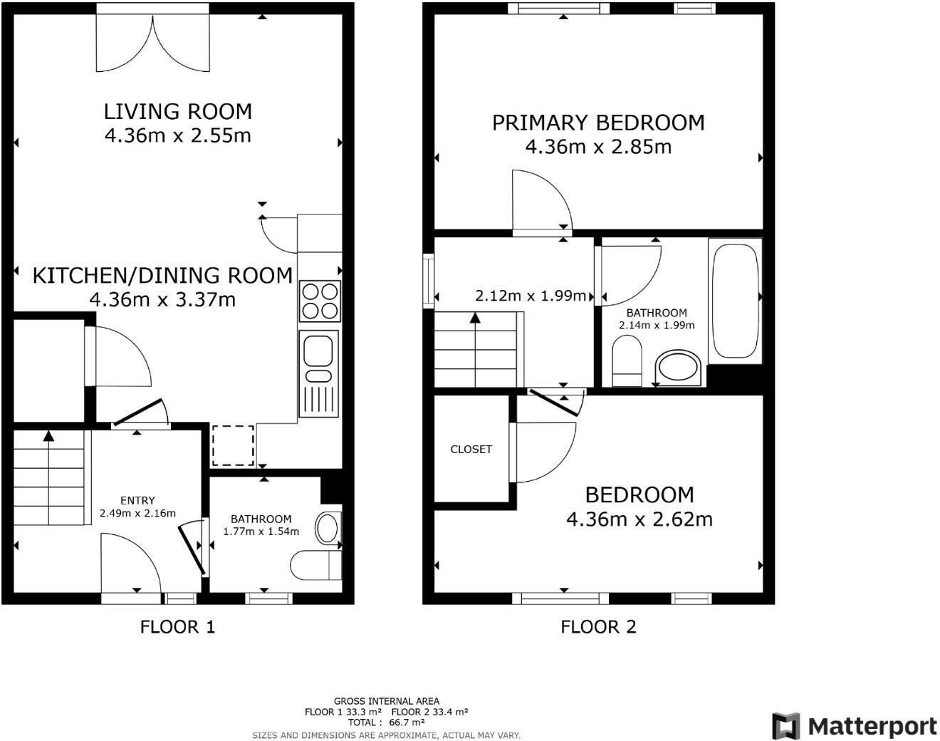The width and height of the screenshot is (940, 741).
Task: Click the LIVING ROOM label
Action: [x=178, y=111]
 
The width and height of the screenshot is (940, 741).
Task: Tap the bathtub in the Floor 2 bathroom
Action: [x=734, y=301]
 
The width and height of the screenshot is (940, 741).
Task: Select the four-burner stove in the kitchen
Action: [x=320, y=301]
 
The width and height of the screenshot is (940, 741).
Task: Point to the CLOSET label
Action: [x=471, y=449]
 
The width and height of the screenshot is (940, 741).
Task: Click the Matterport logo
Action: [x=855, y=726]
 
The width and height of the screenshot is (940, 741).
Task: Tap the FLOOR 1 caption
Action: [x=177, y=627]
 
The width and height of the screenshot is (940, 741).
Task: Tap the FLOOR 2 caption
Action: [x=598, y=627]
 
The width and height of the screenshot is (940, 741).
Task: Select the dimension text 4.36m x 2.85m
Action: [x=598, y=147]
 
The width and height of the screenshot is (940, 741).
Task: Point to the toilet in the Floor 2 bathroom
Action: [x=627, y=361]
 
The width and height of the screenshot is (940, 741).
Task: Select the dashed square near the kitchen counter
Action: [x=233, y=445]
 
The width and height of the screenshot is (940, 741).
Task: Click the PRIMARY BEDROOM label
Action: [x=598, y=123]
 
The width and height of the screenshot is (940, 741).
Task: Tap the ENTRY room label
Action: [x=137, y=500]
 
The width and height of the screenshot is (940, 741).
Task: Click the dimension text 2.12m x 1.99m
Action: [x=531, y=296]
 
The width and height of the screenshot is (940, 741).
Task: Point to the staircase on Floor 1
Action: [x=49, y=477]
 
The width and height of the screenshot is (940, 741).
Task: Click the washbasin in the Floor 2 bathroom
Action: [x=679, y=368]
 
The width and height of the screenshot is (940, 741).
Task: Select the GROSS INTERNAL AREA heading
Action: [x=386, y=701]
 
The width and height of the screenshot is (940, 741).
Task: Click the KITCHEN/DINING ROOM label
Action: [x=162, y=275]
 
